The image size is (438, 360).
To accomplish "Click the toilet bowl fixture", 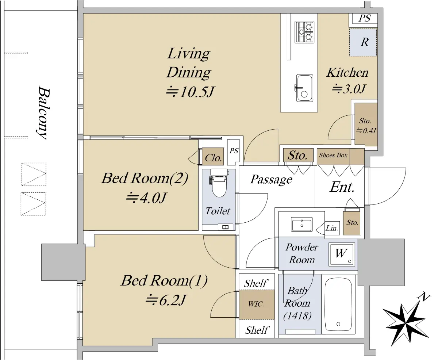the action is coord(219,183).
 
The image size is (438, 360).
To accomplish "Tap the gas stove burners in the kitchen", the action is coord(304,32).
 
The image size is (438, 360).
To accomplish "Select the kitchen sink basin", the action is coord(304,88).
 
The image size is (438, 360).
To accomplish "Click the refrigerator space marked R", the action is coord(363,42).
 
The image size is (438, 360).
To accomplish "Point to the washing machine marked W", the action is coord(342,254).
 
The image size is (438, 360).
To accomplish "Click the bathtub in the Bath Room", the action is coord(338,305).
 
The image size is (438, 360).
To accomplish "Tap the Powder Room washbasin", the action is coord(301,224).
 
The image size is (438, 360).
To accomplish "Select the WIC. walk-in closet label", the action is coord(256,304).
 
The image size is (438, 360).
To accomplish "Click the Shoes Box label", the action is coord(333,155).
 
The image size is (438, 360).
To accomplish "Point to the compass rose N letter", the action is coord(423,297).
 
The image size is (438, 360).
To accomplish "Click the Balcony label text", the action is coord(43,112).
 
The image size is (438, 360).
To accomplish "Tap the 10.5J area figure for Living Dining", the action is coord(196,92).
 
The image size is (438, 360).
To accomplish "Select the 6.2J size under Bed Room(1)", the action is coord(172,300).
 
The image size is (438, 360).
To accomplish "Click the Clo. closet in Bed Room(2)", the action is coord(213,157).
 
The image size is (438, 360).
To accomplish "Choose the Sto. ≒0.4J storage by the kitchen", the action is coord(366,124).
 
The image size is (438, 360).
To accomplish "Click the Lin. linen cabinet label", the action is coord(332,228).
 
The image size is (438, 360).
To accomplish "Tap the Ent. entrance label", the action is coord(342,187).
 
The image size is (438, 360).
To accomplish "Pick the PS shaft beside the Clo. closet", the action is coord(234,152).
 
